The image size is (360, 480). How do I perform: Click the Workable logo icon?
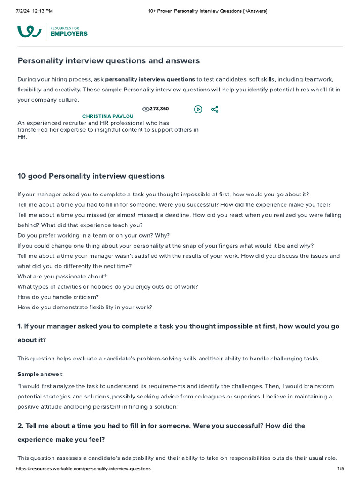pyautogui.click(x=29, y=31)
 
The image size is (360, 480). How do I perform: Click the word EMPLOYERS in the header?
pyautogui.click(x=68, y=34)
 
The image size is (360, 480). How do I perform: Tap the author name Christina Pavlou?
pyautogui.click(x=108, y=116)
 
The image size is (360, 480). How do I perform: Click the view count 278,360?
pyautogui.click(x=159, y=109)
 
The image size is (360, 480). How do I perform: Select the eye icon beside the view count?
pyautogui.click(x=145, y=109)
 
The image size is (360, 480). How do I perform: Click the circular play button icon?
pyautogui.click(x=198, y=109)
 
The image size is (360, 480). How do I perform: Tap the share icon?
pyautogui.click(x=215, y=109)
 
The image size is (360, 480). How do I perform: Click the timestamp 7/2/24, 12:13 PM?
pyautogui.click(x=34, y=11)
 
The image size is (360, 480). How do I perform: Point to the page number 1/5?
pyautogui.click(x=340, y=469)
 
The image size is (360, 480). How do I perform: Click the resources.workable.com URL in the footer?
pyautogui.click(x=83, y=469)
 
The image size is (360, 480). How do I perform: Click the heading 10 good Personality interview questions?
pyautogui.click(x=91, y=176)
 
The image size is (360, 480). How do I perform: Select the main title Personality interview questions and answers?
pyautogui.click(x=108, y=61)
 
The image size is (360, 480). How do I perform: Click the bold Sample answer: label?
pyautogui.click(x=40, y=374)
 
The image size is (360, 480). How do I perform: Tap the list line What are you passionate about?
pyautogui.click(x=62, y=277)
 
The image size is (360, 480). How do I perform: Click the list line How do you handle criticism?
pyautogui.click(x=58, y=297)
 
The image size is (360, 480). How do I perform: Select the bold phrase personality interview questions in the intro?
pyautogui.click(x=150, y=79)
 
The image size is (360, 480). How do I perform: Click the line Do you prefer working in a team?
pyautogui.click(x=93, y=235)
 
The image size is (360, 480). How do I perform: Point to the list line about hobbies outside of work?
pyautogui.click(x=107, y=287)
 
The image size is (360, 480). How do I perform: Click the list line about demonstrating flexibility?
pyautogui.click(x=84, y=307)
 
